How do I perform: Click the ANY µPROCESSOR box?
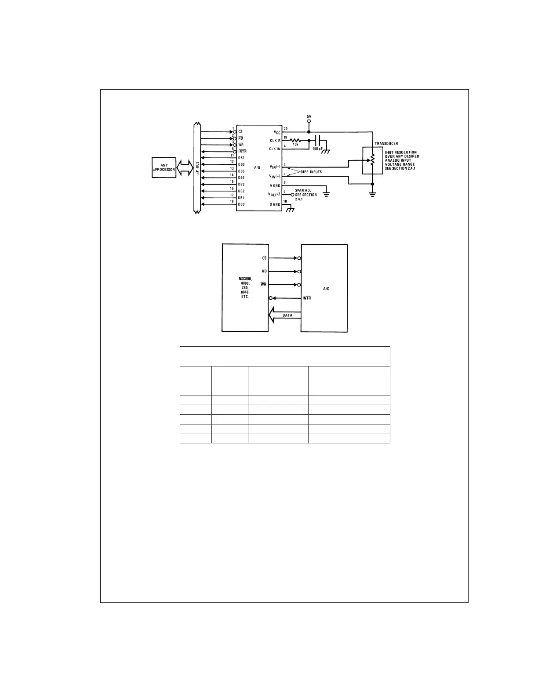tap(164, 167)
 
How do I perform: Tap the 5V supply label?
tap(309, 116)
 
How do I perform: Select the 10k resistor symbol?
tap(295, 140)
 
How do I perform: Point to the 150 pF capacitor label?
tap(317, 149)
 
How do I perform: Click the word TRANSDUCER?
tap(386, 144)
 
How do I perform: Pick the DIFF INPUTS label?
tap(311, 172)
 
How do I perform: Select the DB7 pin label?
tap(241, 158)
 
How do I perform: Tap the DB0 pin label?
tap(241, 204)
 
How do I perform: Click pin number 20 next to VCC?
tap(286, 129)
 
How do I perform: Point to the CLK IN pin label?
tap(275, 149)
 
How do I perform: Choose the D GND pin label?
tap(275, 204)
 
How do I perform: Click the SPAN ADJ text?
tap(303, 190)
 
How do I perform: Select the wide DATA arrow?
tap(285, 315)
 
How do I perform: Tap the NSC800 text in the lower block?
tap(245, 279)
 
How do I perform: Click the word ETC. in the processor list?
tap(245, 297)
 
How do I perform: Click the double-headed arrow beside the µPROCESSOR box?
tap(185, 167)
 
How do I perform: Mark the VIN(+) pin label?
tap(275, 167)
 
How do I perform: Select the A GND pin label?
tap(275, 185)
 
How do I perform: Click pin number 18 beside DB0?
tap(232, 201)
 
